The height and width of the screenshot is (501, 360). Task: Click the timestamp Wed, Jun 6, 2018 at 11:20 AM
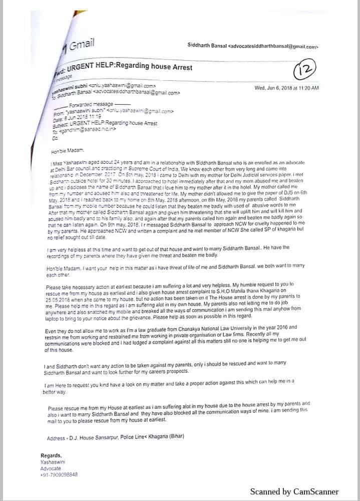[x=286, y=88]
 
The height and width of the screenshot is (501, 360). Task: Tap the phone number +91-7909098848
[x=59, y=474]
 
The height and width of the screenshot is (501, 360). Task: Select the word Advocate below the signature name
[x=51, y=468]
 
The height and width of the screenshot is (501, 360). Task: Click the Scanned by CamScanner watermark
[x=294, y=491]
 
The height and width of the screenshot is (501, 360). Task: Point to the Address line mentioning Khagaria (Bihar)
[x=115, y=437]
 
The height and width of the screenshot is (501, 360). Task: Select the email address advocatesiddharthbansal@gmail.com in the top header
[x=273, y=47]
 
